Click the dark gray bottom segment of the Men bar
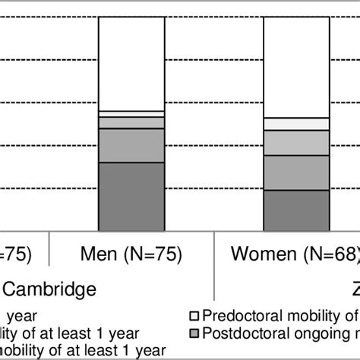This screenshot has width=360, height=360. tap(131, 196)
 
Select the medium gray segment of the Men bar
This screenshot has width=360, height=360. tap(131, 145)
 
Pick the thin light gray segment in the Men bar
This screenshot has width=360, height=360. tap(131, 122)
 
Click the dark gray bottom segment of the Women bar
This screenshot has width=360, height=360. tap(295, 210)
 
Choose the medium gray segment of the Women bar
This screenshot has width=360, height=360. tap(295, 172)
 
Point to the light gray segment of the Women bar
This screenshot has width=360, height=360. tap(295, 143)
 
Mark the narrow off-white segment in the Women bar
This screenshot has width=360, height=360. tap(295, 125)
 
